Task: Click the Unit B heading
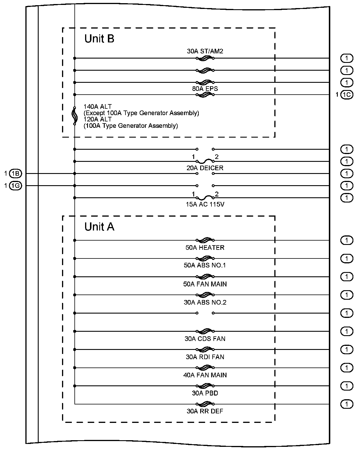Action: click(x=99, y=39)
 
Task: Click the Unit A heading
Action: click(x=99, y=227)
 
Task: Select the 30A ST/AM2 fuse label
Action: click(x=205, y=51)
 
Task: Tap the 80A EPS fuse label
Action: click(x=205, y=89)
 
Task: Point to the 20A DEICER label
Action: click(x=205, y=168)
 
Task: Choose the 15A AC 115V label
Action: click(x=205, y=205)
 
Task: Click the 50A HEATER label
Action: click(x=205, y=247)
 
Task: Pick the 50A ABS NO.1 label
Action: click(x=205, y=265)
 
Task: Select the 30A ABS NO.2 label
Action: click(x=205, y=302)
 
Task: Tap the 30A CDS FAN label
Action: click(x=205, y=339)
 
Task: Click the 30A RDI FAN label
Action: click(x=205, y=357)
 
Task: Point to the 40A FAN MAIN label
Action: click(x=205, y=375)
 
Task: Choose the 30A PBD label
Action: click(x=205, y=393)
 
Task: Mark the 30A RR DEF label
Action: click(x=205, y=411)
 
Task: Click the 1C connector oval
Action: click(x=347, y=95)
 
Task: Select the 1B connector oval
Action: click(x=16, y=174)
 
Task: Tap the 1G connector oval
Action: click(x=16, y=186)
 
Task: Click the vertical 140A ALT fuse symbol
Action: click(x=74, y=116)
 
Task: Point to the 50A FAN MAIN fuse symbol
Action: click(x=205, y=276)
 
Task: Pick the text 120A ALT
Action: click(x=97, y=119)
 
